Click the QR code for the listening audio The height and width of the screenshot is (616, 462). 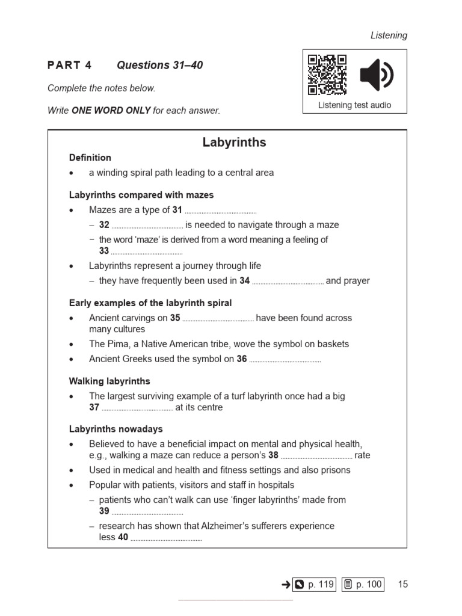tap(327, 75)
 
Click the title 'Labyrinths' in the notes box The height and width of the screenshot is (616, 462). tap(234, 143)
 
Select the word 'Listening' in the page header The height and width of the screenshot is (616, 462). tap(389, 35)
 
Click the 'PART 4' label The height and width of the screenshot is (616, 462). tap(70, 66)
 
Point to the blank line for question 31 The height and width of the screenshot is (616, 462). tap(220, 211)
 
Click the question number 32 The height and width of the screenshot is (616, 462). tap(104, 225)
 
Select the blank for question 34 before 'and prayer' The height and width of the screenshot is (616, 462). tap(288, 282)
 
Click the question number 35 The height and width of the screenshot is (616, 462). tap(175, 318)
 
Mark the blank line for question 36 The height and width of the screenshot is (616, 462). tap(285, 360)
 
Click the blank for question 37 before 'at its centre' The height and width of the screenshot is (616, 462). tap(137, 408)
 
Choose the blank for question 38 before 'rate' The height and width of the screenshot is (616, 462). tap(316, 457)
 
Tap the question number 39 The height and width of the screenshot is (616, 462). tap(104, 511)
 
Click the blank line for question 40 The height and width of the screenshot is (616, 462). tap(166, 539)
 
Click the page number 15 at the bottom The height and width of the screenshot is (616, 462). tap(402, 584)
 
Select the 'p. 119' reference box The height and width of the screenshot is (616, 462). tap(314, 584)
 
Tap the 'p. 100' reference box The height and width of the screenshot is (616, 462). tap(363, 584)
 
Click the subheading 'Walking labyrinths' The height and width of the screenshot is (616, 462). tap(109, 381)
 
